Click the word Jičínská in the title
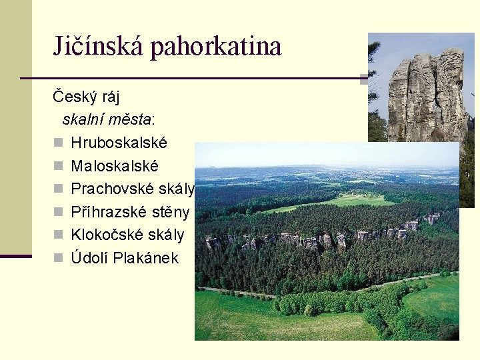tap(100, 46)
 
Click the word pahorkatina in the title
tap(216, 46)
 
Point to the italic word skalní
tap(84, 120)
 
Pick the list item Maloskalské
tap(115, 166)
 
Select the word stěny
tap(172, 213)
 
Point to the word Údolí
tap(90, 259)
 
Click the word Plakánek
tap(146, 259)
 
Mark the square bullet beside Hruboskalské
tap(57, 143)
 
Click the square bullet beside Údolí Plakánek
tap(57, 259)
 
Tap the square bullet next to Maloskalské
tap(57, 166)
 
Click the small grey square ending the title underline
tap(365, 79)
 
